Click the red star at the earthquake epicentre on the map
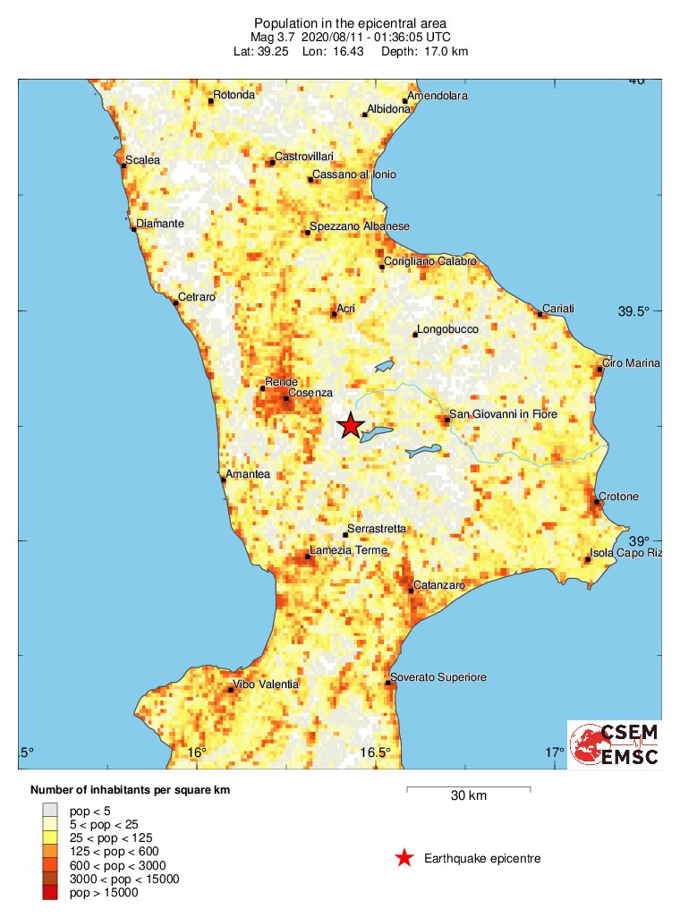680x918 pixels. pos(351,427)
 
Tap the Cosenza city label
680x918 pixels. pos(310,393)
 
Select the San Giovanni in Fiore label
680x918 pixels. pos(503,414)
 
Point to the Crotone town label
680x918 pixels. pos(619,497)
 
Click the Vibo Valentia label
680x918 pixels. pos(268,684)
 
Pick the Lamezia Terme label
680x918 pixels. pos(348,550)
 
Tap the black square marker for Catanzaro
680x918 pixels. pos(411,590)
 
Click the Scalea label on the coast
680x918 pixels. pos(142,160)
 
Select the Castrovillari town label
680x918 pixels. pos(304,157)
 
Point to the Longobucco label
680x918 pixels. pos(448,329)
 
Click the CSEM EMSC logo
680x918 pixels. pos(615,744)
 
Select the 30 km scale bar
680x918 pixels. pos(469,788)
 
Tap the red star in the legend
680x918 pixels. pos(404,859)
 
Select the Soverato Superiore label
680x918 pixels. pos(438,677)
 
